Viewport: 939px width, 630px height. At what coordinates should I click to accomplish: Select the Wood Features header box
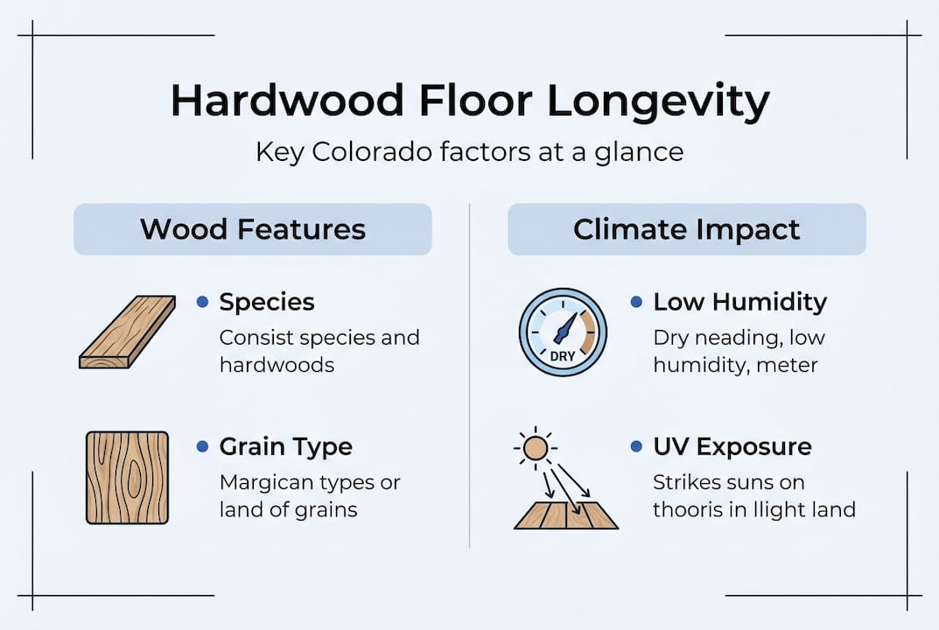(252, 229)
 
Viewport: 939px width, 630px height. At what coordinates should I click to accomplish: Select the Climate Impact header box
(686, 229)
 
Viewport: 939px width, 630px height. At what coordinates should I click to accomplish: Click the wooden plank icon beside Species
(127, 332)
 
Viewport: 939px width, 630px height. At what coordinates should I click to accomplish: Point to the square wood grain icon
(127, 477)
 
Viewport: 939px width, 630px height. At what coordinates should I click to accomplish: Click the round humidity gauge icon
(562, 332)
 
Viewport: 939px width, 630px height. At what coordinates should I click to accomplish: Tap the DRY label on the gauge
(562, 357)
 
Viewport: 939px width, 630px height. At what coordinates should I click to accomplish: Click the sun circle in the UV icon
(535, 449)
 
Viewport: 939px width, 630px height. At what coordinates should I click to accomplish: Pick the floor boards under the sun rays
(565, 515)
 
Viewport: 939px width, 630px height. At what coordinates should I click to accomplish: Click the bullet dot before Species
(202, 302)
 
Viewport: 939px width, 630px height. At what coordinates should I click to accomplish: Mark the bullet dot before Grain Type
(202, 446)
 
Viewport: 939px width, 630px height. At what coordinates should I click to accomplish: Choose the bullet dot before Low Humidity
(636, 302)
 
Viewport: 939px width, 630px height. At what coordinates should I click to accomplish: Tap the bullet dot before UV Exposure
(636, 446)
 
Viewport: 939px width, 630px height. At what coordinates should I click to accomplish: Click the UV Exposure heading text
(732, 447)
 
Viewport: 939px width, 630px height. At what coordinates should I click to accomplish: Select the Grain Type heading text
(285, 447)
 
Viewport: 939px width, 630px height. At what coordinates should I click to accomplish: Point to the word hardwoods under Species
(277, 365)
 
